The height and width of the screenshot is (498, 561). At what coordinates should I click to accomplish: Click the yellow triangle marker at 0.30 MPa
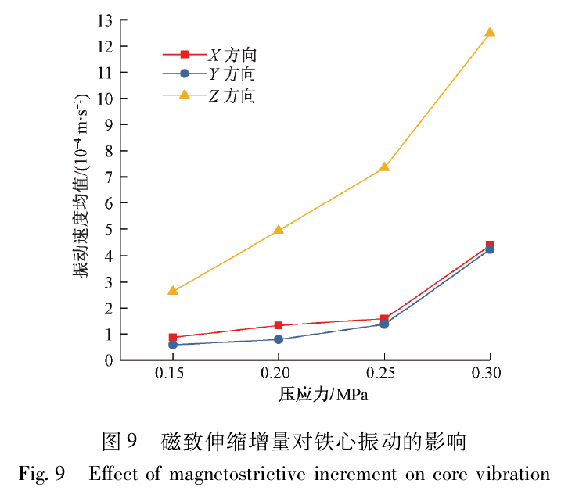(490, 32)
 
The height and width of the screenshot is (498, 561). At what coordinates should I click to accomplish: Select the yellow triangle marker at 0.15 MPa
(173, 290)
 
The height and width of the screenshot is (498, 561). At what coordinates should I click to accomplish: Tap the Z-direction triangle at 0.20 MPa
(279, 230)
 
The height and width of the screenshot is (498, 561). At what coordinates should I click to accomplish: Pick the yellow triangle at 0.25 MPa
(384, 167)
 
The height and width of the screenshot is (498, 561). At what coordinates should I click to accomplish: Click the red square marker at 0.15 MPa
(173, 338)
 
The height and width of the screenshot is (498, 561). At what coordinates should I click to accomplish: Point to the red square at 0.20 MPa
(279, 325)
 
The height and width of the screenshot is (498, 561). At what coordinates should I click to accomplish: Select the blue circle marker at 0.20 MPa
(279, 339)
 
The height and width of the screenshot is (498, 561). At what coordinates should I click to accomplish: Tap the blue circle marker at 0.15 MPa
(173, 345)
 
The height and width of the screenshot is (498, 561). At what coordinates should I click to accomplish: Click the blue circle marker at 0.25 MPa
(384, 324)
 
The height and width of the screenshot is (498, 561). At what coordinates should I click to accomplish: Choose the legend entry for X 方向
(232, 55)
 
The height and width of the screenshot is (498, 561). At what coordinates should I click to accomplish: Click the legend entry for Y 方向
(232, 74)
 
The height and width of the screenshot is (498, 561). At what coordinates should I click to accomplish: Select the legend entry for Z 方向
(232, 95)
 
